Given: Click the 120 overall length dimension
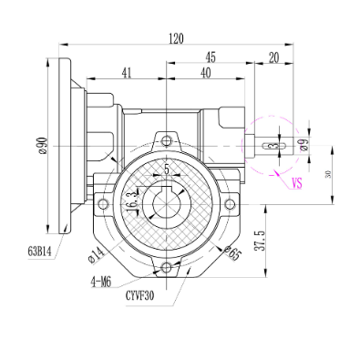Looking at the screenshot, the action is point(176,38).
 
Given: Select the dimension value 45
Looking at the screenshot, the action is point(211,57).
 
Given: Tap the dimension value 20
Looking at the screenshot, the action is point(274,57).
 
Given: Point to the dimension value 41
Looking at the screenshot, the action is point(127,73).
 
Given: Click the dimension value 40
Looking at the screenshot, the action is point(206,73).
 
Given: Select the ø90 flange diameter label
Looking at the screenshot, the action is point(42,146).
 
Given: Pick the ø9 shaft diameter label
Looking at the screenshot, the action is point(304,144).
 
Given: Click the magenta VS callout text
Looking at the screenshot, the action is point(297,183).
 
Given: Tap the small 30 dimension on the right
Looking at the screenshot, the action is point(327,174).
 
